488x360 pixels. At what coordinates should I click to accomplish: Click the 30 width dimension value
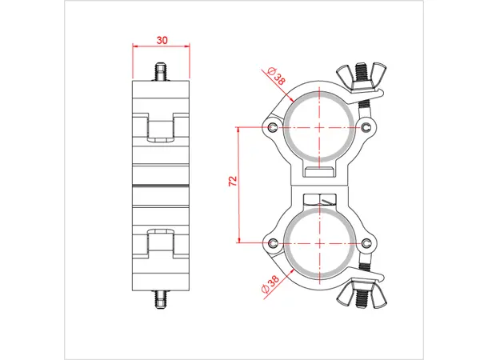(x=162, y=39)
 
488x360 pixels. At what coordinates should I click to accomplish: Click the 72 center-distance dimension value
(x=232, y=183)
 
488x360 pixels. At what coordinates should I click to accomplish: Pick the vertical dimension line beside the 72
(x=239, y=184)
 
